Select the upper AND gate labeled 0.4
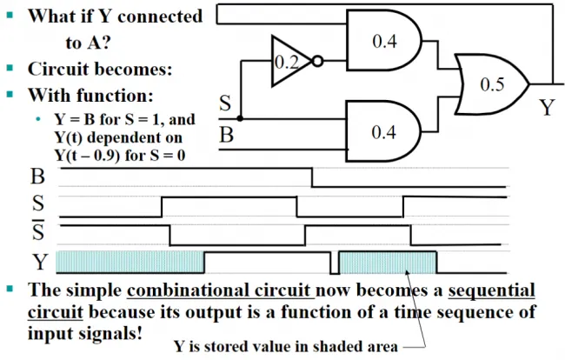point(383,40)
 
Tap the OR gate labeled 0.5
point(492,84)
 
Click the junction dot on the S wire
point(240,118)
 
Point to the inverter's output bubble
point(317,61)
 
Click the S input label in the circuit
point(225,103)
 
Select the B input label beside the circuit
point(226,135)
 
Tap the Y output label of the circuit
point(547,107)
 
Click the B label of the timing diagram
point(38,177)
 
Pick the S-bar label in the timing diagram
point(38,230)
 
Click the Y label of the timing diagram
point(40,262)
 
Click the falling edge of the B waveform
point(312,177)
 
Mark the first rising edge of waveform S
point(162,207)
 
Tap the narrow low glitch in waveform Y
point(335,263)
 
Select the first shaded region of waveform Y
point(130,262)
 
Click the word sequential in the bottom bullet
point(491,290)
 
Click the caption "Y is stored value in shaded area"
point(286,346)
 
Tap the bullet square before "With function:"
point(10,95)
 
